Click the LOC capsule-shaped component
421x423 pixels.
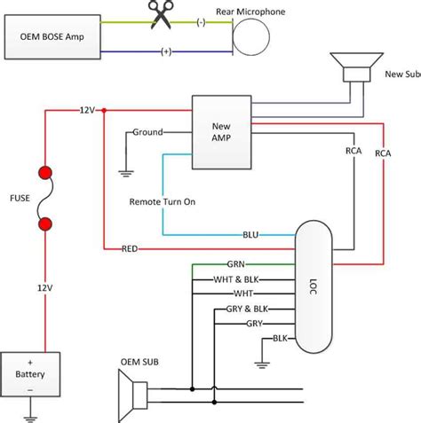[x=314, y=286]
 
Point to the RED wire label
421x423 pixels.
[x=130, y=249]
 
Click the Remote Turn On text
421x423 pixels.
[x=163, y=201]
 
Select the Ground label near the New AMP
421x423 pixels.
[x=147, y=132]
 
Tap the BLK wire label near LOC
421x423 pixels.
[x=280, y=338]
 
